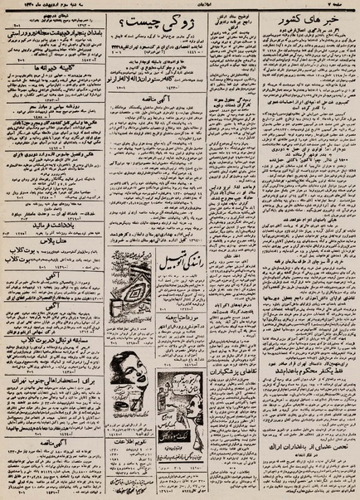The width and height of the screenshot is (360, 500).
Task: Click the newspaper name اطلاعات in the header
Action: pos(181,6)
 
